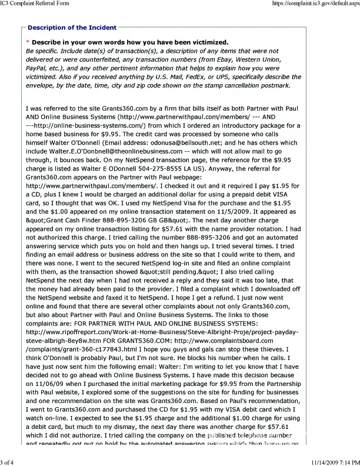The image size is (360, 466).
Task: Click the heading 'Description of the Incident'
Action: point(72,28)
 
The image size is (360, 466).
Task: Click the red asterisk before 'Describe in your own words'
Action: point(28,42)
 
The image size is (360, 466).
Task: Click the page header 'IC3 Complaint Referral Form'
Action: point(34,4)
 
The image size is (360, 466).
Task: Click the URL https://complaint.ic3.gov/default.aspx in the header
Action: point(316,4)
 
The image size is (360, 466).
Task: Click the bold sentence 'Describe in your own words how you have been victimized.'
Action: point(130,42)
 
